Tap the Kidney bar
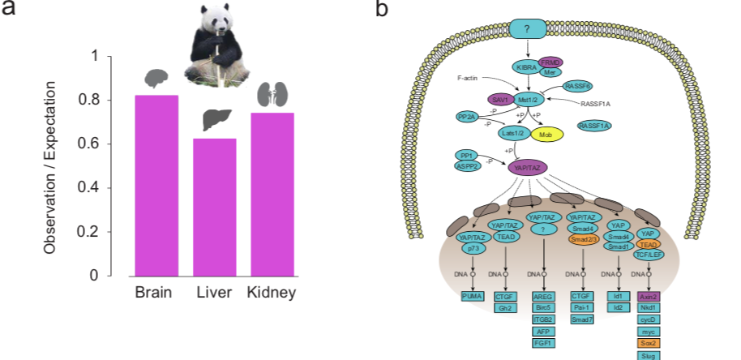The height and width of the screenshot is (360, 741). [272, 194]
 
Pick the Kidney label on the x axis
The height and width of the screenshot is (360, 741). [272, 293]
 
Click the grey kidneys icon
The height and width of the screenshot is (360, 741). [272, 94]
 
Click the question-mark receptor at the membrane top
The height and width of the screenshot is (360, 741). [527, 30]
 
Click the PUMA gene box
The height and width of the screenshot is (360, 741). [473, 298]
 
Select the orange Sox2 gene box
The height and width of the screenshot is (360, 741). [647, 343]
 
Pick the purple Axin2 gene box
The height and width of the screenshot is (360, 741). [647, 298]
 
